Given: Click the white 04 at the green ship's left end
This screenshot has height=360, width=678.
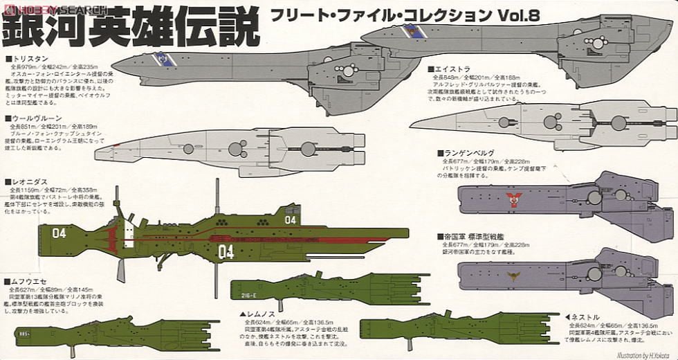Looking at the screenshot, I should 59,233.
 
